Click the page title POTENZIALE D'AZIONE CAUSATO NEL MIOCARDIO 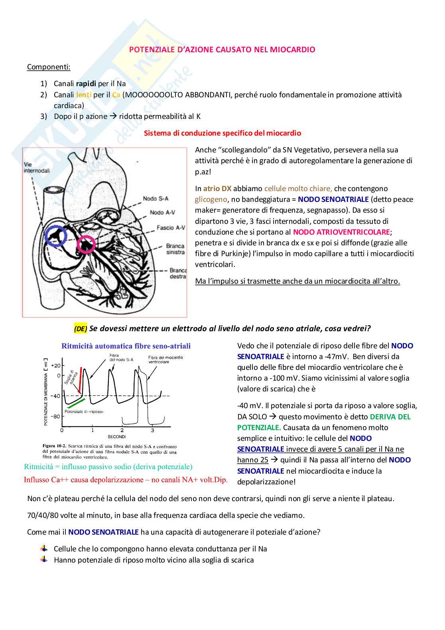click(x=222, y=49)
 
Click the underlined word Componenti click(x=49, y=67)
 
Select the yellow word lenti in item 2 click(x=84, y=95)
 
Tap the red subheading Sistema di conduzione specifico click(x=222, y=133)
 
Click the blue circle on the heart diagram click(x=56, y=235)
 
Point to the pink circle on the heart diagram click(x=86, y=245)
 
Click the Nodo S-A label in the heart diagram click(x=156, y=198)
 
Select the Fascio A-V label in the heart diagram click(x=171, y=227)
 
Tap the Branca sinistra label click(x=175, y=249)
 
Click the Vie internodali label click(x=36, y=168)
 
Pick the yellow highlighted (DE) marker click(x=81, y=328)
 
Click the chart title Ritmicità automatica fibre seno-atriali click(x=126, y=346)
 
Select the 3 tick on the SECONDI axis click(x=152, y=430)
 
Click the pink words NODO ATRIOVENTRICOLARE click(x=342, y=232)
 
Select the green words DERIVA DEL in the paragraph click(x=390, y=417)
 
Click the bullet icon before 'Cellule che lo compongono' click(x=44, y=549)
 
